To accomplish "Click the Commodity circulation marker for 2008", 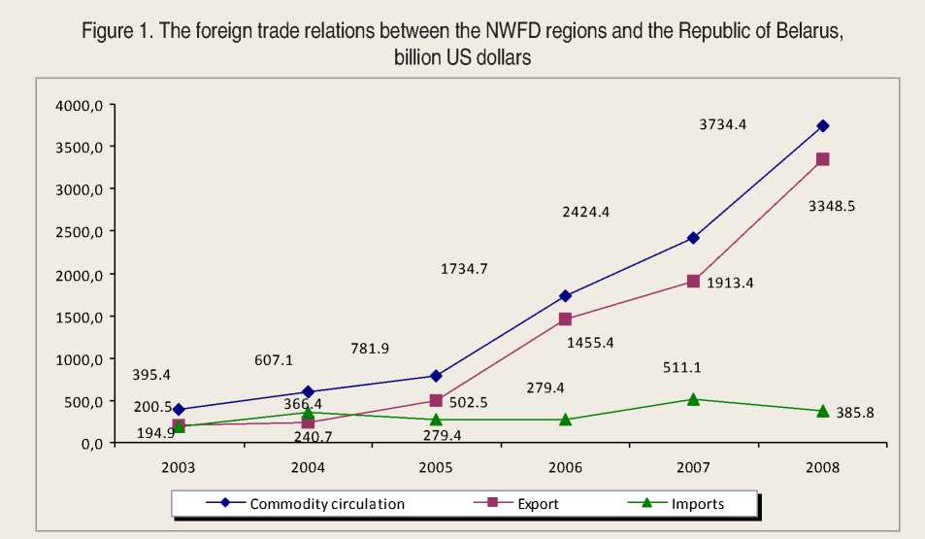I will [x=822, y=125].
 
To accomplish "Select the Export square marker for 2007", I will [x=693, y=281].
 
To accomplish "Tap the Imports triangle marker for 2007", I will [x=693, y=399].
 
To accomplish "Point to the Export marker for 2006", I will [x=565, y=320].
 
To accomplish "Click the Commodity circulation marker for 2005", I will [x=436, y=376].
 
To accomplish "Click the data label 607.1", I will [x=274, y=359].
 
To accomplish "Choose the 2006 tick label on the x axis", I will [x=565, y=467].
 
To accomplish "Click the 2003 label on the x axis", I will [x=179, y=467].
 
